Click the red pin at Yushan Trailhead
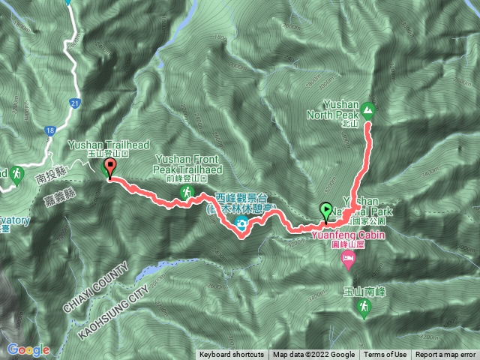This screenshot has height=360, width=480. click(110, 167)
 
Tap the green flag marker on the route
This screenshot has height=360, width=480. click(326, 210)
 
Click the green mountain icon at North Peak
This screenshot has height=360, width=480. click(368, 111)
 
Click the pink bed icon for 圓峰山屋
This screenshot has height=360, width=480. click(348, 259)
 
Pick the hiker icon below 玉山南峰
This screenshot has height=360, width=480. click(364, 307)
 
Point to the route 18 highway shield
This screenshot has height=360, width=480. click(49, 130)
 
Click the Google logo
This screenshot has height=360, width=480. click(28, 349)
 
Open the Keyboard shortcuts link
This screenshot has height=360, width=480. click(232, 355)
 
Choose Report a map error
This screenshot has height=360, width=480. click(445, 355)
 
